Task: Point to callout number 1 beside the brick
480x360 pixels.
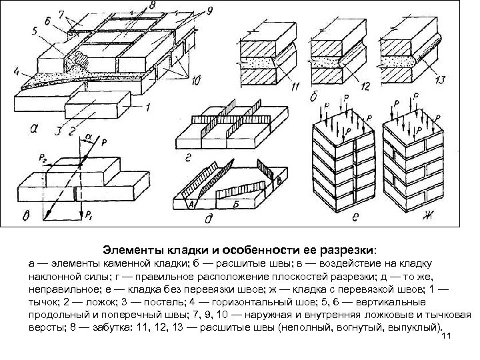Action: pyautogui.click(x=148, y=106)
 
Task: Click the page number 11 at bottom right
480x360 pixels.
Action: pyautogui.click(x=446, y=337)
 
